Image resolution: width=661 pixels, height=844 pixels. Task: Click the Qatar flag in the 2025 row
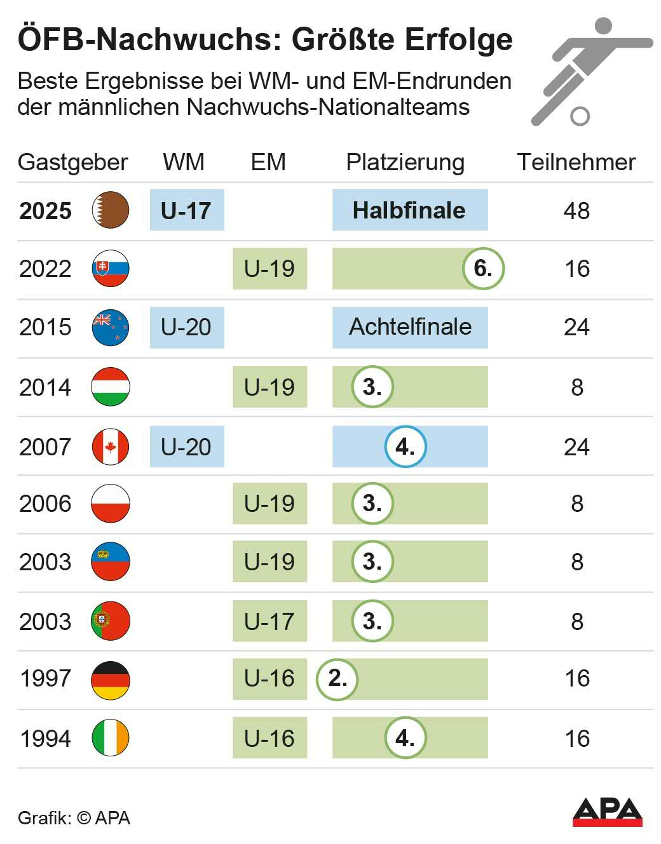click(x=111, y=210)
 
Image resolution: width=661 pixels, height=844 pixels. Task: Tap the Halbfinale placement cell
click(x=409, y=210)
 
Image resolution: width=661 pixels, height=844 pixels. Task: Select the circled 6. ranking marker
click(x=482, y=269)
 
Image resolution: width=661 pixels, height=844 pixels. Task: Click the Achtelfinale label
click(x=410, y=327)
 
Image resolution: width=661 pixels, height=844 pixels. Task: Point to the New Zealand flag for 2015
click(x=111, y=328)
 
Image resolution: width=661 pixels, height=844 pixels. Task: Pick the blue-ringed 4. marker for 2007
click(x=405, y=446)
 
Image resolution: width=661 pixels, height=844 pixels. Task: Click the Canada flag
click(x=111, y=446)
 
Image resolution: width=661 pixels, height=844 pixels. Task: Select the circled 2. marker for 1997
click(x=337, y=679)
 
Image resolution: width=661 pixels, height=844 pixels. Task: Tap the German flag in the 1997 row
click(x=111, y=680)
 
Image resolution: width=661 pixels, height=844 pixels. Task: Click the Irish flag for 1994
click(x=111, y=737)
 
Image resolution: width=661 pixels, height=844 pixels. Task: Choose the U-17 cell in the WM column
click(x=186, y=210)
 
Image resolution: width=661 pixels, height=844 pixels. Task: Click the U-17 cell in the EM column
click(x=269, y=621)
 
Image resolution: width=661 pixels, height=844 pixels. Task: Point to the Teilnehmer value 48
click(x=576, y=211)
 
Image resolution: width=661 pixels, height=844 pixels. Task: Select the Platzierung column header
click(x=405, y=163)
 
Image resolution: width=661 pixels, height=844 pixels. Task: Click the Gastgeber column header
click(x=72, y=163)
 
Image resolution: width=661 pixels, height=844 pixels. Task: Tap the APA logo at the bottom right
click(x=607, y=812)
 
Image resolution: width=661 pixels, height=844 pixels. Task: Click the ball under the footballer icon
click(x=580, y=116)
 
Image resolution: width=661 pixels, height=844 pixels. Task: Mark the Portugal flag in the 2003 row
click(x=111, y=620)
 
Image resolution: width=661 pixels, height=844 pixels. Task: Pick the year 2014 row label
click(x=45, y=387)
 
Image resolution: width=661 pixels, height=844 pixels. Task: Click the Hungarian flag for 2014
click(x=111, y=387)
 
